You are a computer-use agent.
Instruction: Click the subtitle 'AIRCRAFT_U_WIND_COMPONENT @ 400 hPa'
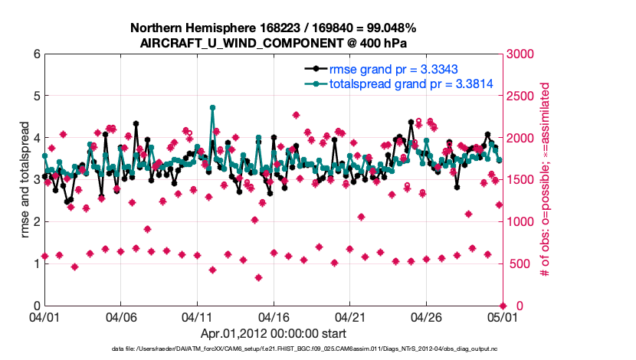(273, 43)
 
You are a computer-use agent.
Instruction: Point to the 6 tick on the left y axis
(37, 54)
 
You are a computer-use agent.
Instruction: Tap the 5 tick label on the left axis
(37, 97)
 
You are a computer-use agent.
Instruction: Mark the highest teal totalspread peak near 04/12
(212, 108)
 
